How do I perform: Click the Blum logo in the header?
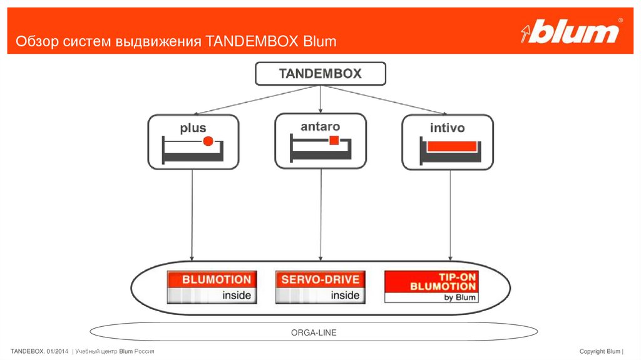coord(570,32)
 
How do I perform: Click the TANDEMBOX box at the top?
coord(320,74)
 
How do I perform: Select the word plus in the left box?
coord(193,128)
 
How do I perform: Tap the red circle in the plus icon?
coord(208,142)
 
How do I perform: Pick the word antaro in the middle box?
coord(320,126)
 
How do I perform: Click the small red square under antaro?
coord(335,140)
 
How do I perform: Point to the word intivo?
coord(447,128)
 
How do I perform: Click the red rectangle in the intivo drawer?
coord(451,145)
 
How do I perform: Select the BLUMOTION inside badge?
coord(212,287)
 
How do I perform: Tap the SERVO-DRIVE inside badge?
coord(320,287)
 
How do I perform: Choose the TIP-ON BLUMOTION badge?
coord(431,287)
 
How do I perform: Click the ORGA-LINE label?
coord(314,332)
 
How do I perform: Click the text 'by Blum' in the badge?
coord(459,297)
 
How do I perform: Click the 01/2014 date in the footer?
coord(58,351)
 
